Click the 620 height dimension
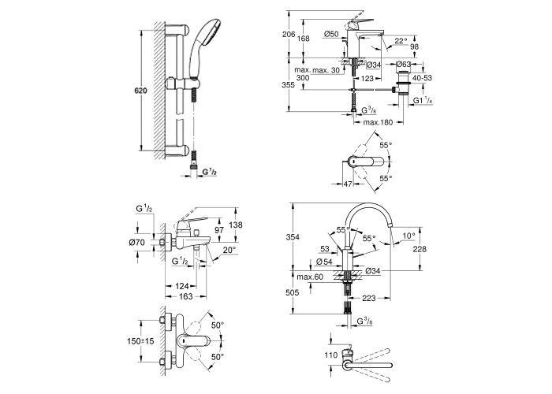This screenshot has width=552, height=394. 140,91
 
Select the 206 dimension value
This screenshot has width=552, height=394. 289,35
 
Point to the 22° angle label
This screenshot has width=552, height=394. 401,41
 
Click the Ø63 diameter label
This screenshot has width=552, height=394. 404,65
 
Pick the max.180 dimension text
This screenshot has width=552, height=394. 378,122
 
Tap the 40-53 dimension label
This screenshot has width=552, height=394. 422,78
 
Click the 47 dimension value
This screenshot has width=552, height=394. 348,184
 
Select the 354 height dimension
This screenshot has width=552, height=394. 293,237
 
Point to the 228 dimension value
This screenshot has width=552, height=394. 420,249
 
